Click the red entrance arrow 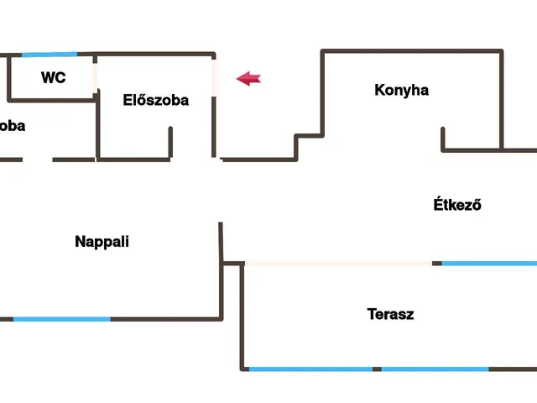point(248,79)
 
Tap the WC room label point(54,78)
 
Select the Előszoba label point(156,101)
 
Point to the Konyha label point(401,90)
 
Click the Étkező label point(457,204)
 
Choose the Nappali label point(102,242)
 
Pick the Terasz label point(390,315)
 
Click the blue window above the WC point(50,55)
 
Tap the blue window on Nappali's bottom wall point(62,319)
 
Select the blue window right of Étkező point(489,264)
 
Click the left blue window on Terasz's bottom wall point(310,369)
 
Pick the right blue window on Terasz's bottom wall point(435,369)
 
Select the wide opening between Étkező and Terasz point(338,264)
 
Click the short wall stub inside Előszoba point(171,142)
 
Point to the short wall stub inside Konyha point(442,139)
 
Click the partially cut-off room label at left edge point(12,126)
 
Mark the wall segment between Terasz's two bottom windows point(377,369)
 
